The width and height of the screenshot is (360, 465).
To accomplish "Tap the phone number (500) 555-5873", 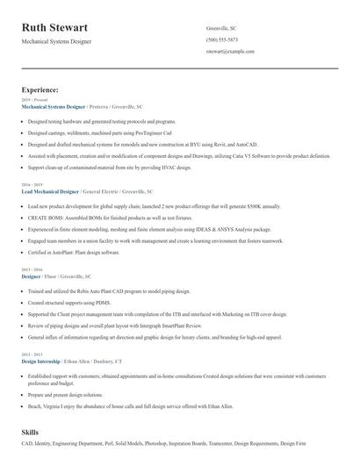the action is pos(221,39).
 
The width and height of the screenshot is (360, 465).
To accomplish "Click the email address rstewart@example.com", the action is pos(230,51).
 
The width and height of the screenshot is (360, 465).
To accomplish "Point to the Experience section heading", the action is pos(40,89).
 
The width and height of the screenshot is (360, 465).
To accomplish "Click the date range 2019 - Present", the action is pos(34,100).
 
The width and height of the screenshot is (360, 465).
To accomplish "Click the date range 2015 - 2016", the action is pos(32,269).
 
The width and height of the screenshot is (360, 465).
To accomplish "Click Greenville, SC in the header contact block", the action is pos(221,28).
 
